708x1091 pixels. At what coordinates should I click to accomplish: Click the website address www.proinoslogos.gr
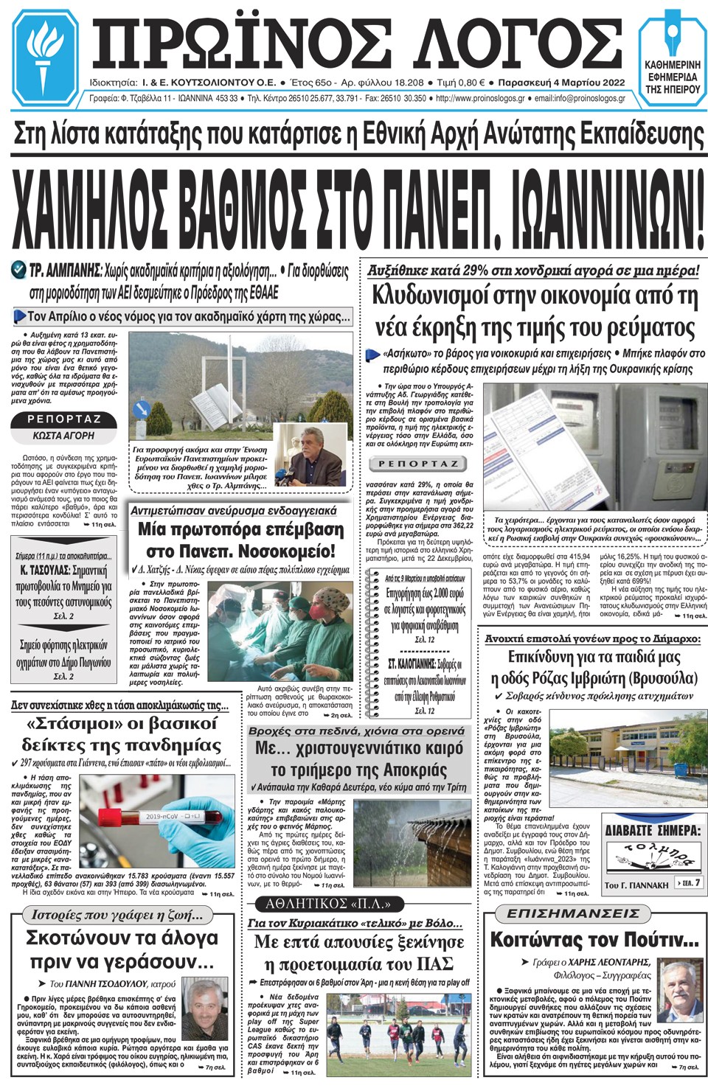pos(480,99)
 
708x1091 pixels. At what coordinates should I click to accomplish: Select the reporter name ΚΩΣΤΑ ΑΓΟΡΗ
pos(63,436)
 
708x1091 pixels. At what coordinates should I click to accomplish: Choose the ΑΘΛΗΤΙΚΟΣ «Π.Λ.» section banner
pos(328,904)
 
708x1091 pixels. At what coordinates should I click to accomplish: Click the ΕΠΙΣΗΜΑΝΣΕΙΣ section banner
pos(573,913)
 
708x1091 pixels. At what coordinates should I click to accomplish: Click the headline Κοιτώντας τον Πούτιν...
pos(594,940)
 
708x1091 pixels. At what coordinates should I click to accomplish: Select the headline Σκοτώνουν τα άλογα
pos(122,938)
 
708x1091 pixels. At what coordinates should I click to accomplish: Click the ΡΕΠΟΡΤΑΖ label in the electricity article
pos(418,464)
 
